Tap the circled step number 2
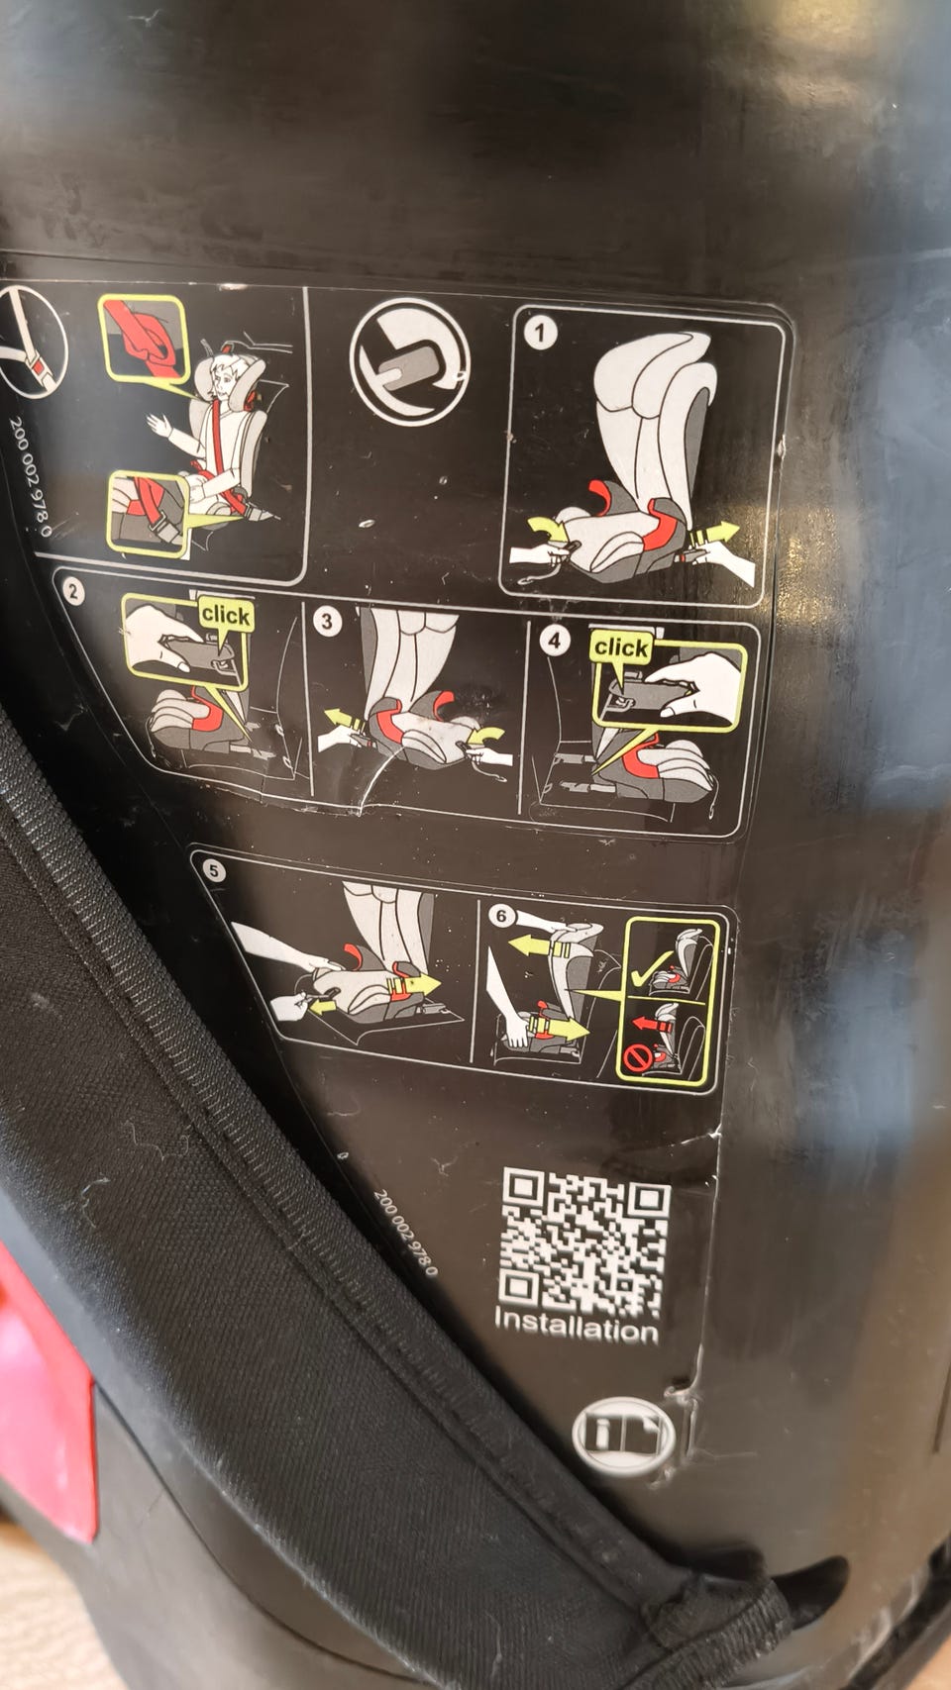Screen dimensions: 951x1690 (71, 592)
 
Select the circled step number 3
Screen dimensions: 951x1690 (328, 623)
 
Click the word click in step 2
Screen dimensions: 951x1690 (225, 616)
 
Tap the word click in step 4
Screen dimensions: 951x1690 (620, 647)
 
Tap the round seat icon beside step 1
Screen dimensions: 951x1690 (410, 360)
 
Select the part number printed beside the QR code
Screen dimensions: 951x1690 (406, 1232)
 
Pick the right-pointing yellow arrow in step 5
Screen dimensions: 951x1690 (414, 984)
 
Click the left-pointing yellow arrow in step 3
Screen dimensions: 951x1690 (345, 720)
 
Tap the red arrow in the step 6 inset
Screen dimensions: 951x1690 (652, 1024)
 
